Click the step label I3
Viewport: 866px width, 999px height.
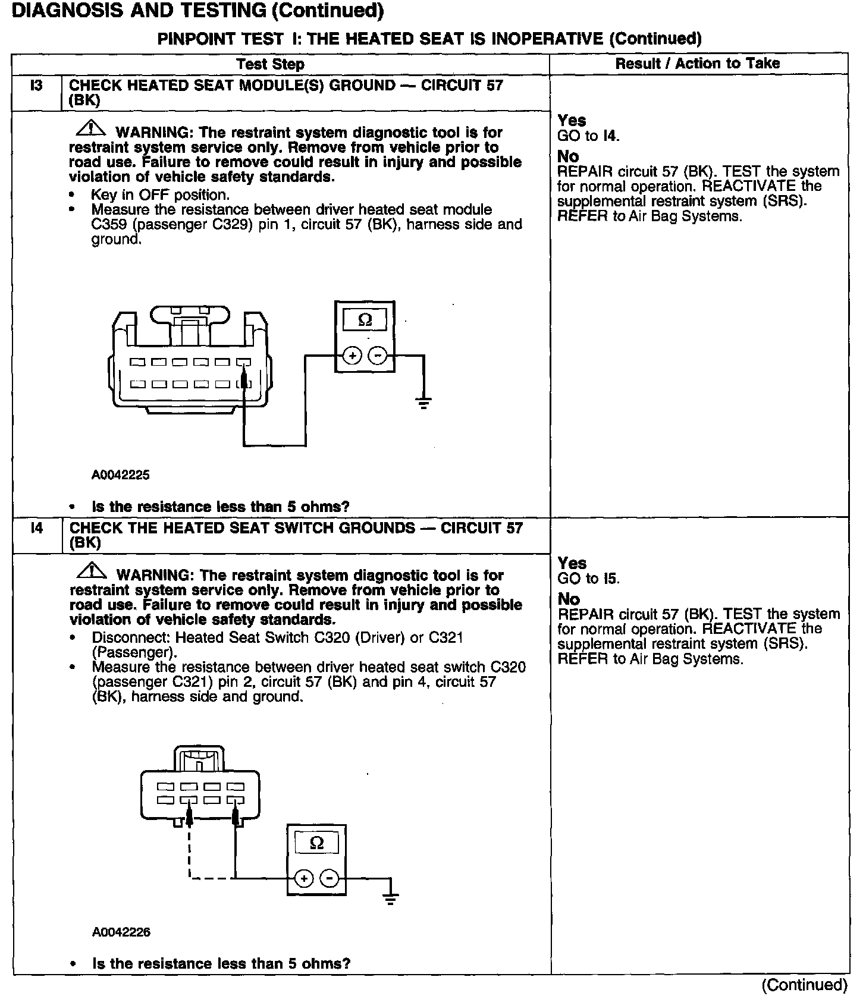tap(36, 86)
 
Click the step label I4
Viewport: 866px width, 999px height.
tap(36, 528)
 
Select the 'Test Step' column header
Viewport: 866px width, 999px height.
tap(270, 64)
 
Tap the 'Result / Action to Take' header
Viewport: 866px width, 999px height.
tap(697, 64)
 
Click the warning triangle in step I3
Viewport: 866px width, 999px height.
tap(90, 128)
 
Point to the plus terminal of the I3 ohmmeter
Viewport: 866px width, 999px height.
tap(352, 356)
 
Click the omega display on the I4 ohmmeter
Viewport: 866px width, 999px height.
tap(317, 843)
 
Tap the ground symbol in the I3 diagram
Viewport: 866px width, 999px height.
tap(423, 403)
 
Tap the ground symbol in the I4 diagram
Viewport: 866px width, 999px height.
tap(390, 898)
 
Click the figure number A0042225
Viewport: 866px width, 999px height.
tap(120, 475)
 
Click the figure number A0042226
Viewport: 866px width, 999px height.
tap(121, 932)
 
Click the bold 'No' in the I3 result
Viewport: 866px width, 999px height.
tap(568, 156)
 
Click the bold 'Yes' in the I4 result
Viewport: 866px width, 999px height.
tap(572, 563)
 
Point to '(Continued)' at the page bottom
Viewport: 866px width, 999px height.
tap(804, 985)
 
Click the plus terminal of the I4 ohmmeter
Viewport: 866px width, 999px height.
tap(304, 879)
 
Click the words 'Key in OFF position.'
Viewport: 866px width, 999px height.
tap(160, 195)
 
